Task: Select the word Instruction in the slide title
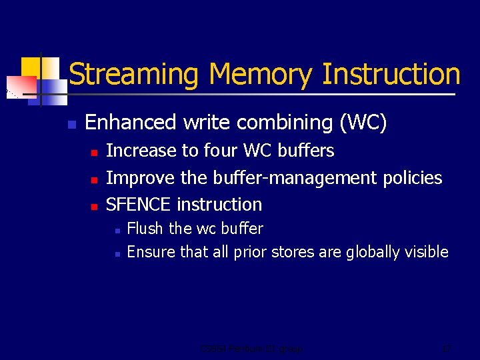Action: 391,75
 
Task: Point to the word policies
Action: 412,178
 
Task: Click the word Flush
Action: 145,229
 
